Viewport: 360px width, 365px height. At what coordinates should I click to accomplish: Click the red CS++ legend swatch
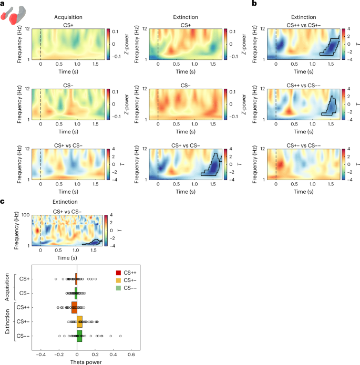119,273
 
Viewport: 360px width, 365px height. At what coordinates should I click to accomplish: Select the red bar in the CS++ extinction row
74,308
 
